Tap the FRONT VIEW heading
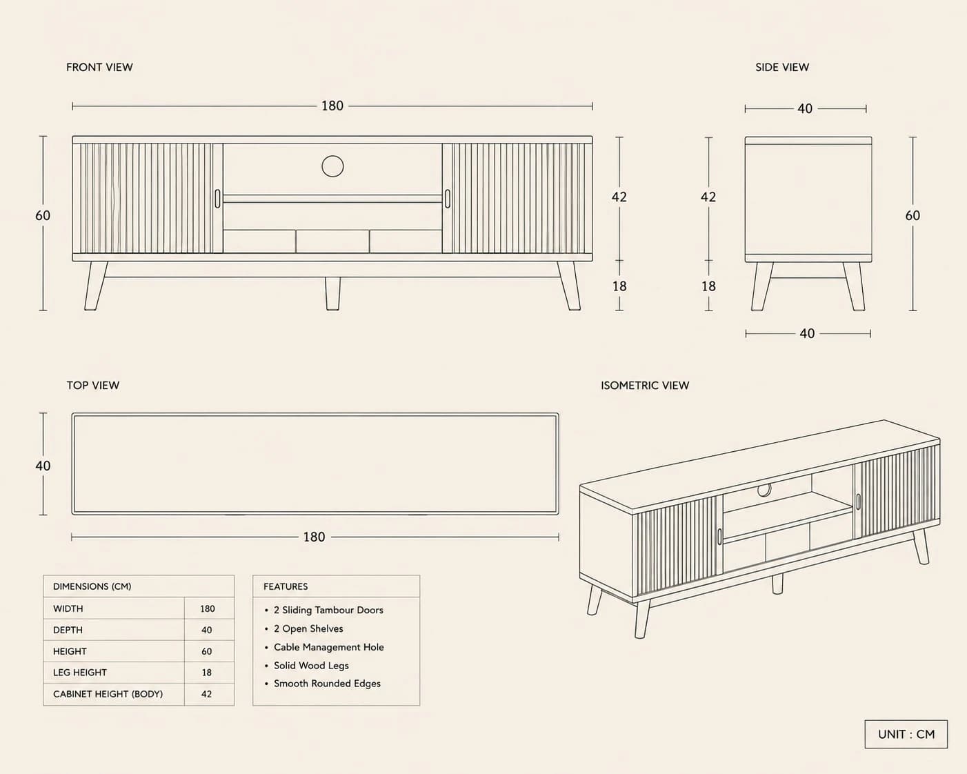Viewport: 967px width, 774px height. point(99,68)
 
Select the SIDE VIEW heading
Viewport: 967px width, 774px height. point(782,68)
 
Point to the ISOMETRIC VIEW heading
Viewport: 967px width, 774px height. point(645,385)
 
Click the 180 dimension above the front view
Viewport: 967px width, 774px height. point(332,106)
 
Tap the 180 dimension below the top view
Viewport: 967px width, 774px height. point(314,537)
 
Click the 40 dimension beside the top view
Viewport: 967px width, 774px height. point(43,466)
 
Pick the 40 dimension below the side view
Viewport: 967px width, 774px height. point(807,333)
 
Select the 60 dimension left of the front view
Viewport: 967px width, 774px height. point(43,215)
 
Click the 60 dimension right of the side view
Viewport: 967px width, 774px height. point(913,215)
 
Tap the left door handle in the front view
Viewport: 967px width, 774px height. point(217,199)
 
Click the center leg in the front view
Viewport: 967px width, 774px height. point(332,293)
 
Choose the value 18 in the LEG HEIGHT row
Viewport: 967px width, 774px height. point(207,673)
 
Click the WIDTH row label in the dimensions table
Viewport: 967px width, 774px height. point(68,608)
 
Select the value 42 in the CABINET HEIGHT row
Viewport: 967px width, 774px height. point(207,694)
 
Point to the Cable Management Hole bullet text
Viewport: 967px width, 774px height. point(328,647)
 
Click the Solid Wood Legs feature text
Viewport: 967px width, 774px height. point(311,666)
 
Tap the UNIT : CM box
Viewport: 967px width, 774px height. point(906,735)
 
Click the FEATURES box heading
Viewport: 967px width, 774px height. point(286,586)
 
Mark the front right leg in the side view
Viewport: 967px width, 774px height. point(854,286)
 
